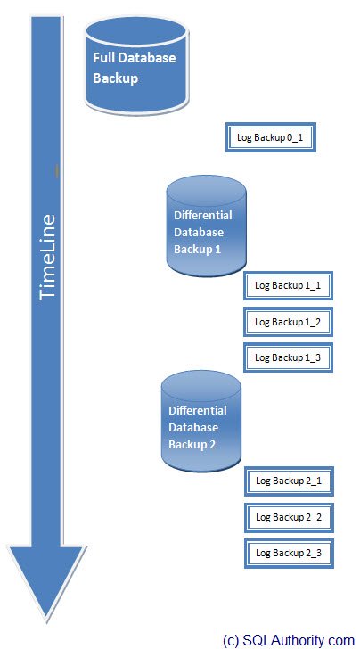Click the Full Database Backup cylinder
point(137,65)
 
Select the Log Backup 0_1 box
point(271,137)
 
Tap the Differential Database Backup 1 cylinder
point(206,226)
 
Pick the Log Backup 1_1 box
point(288,285)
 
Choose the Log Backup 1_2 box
point(288,322)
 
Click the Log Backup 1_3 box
point(288,357)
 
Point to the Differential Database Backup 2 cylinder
point(201,422)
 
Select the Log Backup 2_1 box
point(289,481)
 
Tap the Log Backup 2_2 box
point(289,517)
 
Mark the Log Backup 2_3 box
point(289,553)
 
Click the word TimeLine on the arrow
point(46,257)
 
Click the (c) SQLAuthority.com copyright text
point(289,639)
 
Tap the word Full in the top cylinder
point(103,58)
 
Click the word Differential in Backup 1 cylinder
point(203,215)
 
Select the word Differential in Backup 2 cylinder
point(198,411)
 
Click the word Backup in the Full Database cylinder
point(116,78)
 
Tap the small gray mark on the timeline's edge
point(57,171)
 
